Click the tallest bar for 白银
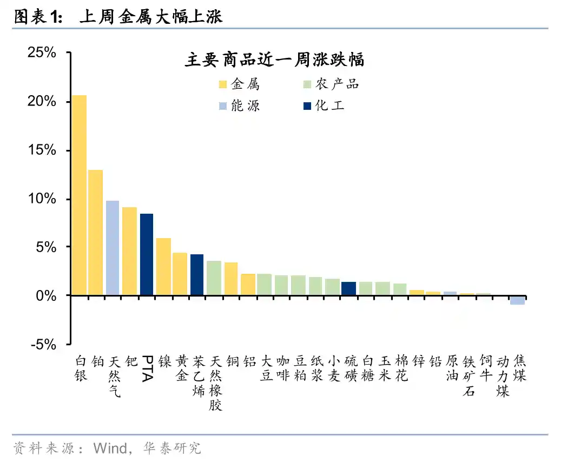80,195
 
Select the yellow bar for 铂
96,233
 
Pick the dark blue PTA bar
147,254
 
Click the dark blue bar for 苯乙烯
197,275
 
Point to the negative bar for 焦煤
518,300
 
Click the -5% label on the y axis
43,344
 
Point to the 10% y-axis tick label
42,199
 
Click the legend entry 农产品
331,84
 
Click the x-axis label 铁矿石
469,376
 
